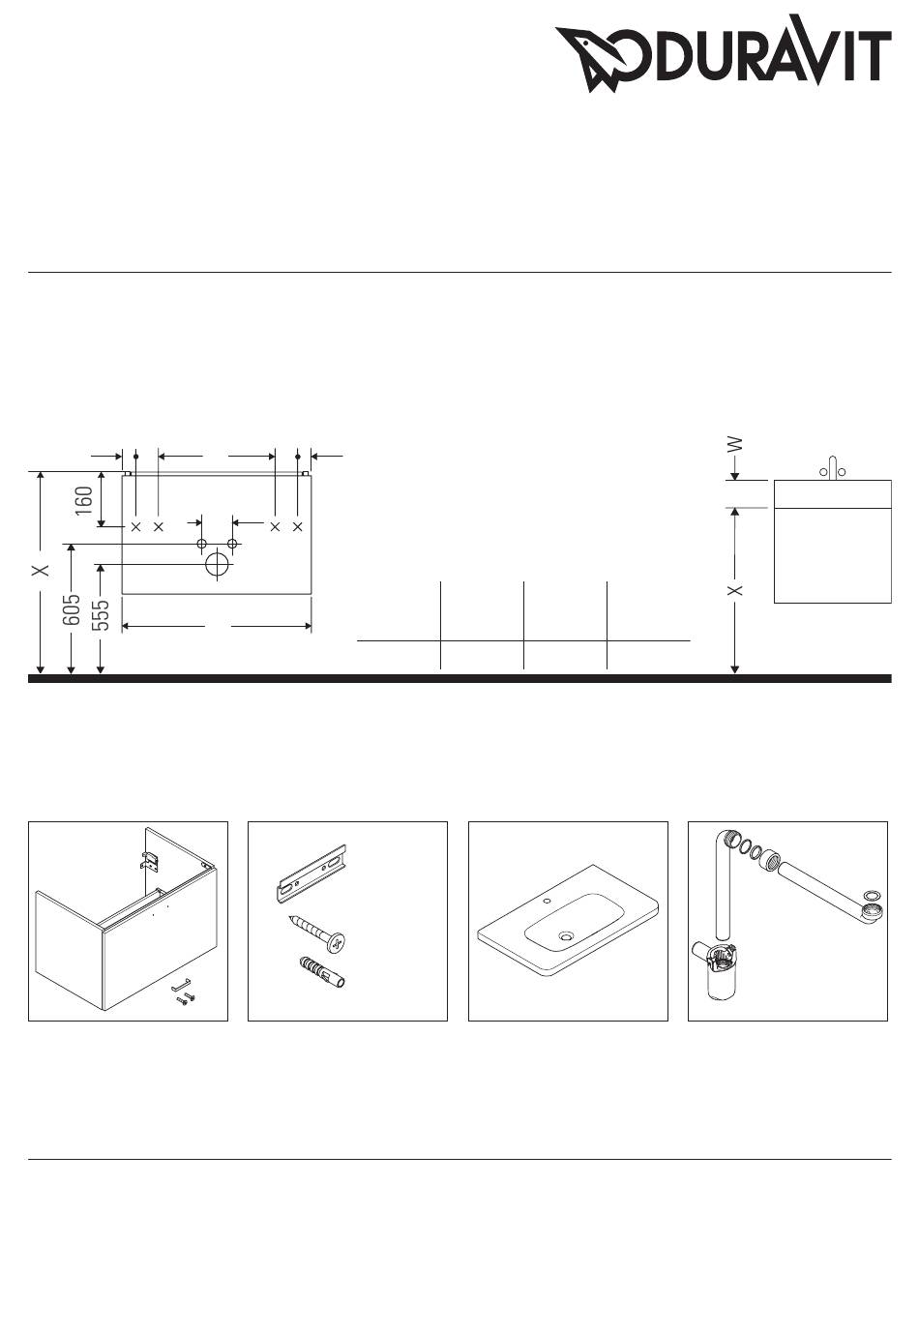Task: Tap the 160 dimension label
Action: (84, 500)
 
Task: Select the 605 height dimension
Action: (72, 608)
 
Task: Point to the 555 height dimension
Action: (102, 614)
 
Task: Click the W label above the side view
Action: (735, 444)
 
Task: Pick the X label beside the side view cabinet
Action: (735, 590)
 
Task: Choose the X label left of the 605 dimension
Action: (41, 570)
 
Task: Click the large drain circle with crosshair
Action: (218, 564)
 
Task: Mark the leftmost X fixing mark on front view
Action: (135, 526)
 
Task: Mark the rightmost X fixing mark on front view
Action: (298, 526)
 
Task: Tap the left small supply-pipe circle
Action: (202, 544)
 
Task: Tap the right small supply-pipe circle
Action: (233, 544)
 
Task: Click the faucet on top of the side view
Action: (833, 468)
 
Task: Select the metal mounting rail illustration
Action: (311, 873)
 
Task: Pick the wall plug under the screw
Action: (320, 972)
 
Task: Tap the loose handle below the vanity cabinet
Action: (181, 986)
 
